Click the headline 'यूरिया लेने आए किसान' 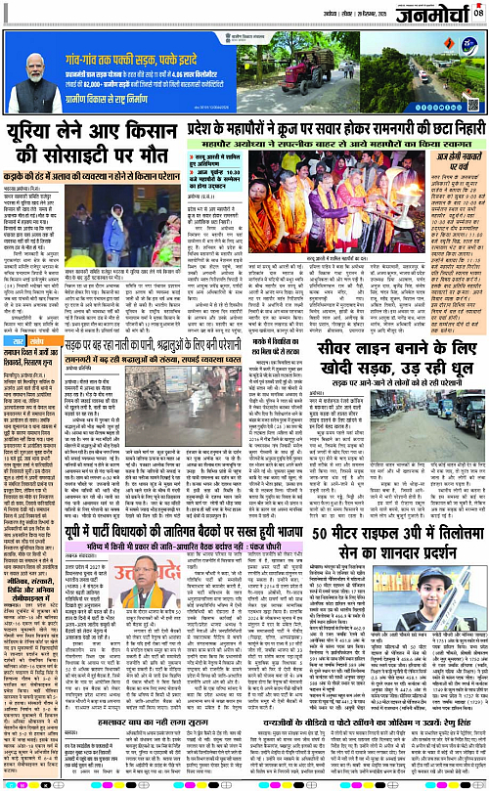92,128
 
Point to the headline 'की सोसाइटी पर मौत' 92,155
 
